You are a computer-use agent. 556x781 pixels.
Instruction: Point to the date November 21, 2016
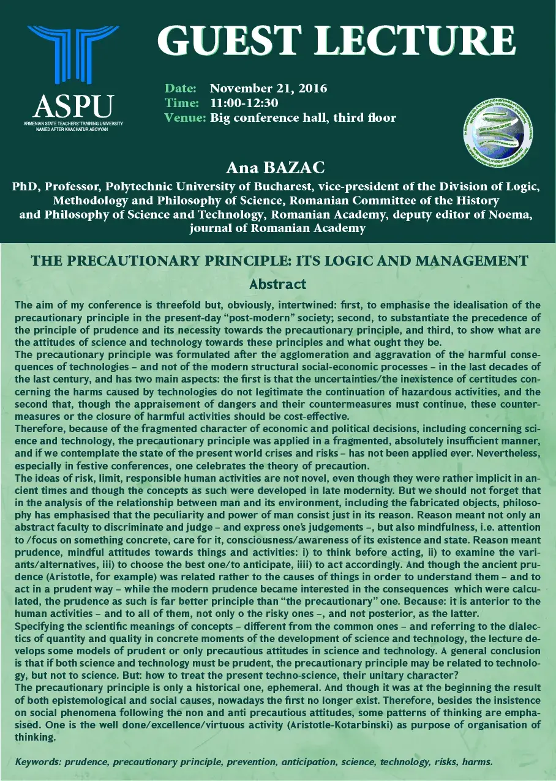coord(268,88)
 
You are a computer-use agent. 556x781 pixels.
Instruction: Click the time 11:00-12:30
coord(244,103)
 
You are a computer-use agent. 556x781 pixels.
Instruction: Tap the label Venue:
coord(184,118)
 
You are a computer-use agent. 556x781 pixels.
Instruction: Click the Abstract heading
coord(277,284)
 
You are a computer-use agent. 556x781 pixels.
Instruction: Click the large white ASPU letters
coord(73,106)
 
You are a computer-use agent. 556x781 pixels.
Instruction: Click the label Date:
coord(181,88)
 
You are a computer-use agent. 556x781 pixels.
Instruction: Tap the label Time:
coord(181,103)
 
